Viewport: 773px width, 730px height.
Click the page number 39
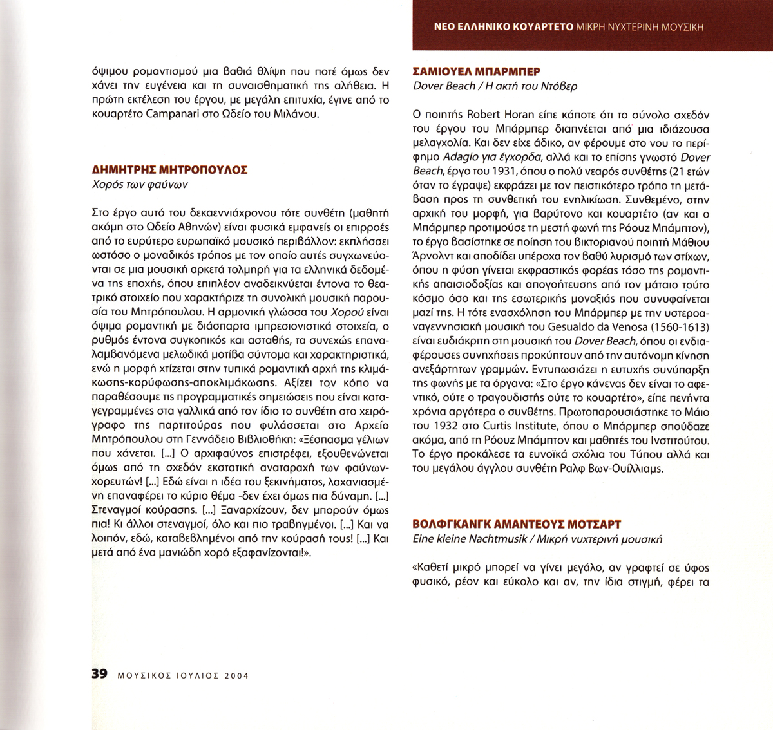(x=99, y=674)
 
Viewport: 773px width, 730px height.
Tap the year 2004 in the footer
(x=236, y=675)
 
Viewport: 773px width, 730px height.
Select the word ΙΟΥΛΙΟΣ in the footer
(x=193, y=675)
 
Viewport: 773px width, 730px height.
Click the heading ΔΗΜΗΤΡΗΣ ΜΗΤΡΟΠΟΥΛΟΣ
(x=171, y=170)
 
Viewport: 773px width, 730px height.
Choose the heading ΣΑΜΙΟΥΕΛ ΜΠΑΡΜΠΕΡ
(x=476, y=71)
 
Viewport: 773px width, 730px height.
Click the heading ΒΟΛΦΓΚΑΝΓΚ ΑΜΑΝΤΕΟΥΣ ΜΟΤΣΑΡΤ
(x=517, y=525)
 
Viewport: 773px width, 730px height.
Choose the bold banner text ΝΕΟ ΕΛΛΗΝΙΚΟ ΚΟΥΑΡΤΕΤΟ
(x=504, y=27)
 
